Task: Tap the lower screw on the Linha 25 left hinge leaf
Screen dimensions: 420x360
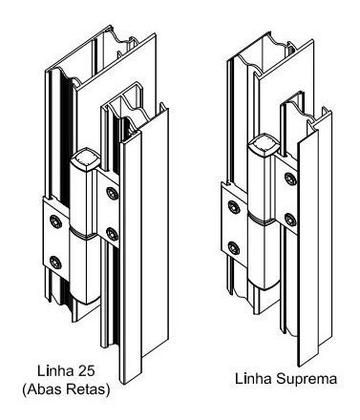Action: point(54,263)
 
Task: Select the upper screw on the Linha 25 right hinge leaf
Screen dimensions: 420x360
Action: point(112,191)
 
